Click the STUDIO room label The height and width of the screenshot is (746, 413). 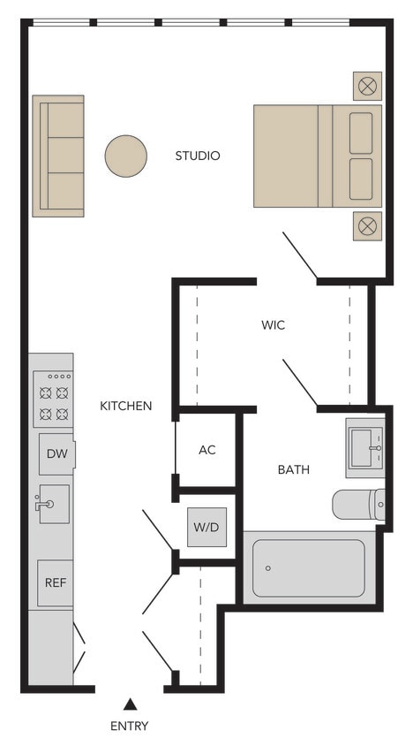click(x=197, y=156)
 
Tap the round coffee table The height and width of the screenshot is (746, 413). click(x=125, y=156)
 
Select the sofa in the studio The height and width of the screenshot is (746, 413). click(x=58, y=156)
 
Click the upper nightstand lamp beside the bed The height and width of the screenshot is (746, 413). click(x=367, y=87)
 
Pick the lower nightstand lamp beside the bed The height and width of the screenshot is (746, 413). click(x=367, y=225)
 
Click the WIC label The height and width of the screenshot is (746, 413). click(x=273, y=325)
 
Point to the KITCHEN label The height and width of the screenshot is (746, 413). click(x=125, y=406)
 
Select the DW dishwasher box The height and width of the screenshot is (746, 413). click(x=56, y=454)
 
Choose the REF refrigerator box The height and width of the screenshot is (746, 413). click(x=55, y=583)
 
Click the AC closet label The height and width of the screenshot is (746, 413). click(x=206, y=450)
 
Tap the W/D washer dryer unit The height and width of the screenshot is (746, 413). click(x=206, y=528)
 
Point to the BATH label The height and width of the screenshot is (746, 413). click(x=293, y=469)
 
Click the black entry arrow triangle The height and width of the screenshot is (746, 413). click(x=130, y=704)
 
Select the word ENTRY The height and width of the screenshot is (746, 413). click(x=130, y=727)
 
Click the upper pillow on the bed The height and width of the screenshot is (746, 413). click(x=361, y=133)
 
